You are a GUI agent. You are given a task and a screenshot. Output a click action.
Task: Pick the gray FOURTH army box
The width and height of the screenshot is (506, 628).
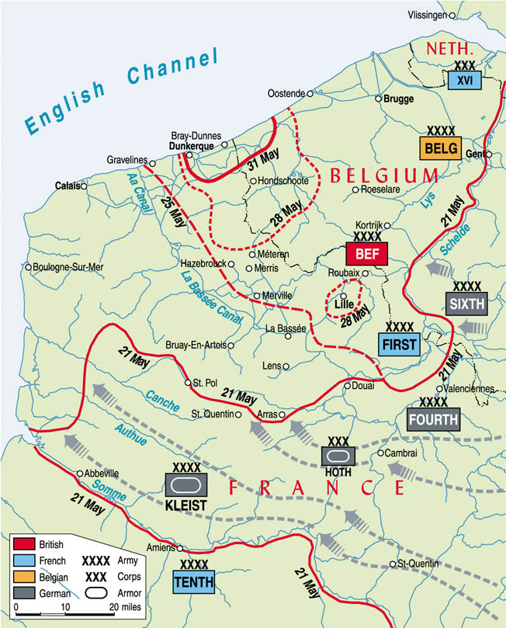[x=433, y=419]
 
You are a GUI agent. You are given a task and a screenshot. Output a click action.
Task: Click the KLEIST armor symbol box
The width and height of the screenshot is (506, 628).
[x=186, y=484]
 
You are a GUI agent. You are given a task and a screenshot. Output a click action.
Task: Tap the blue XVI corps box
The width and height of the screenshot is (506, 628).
[x=464, y=80]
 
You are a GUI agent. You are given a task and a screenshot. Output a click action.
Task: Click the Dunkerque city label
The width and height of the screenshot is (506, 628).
[x=192, y=144]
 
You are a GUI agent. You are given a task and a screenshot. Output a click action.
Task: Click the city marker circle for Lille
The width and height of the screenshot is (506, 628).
[x=343, y=296]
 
